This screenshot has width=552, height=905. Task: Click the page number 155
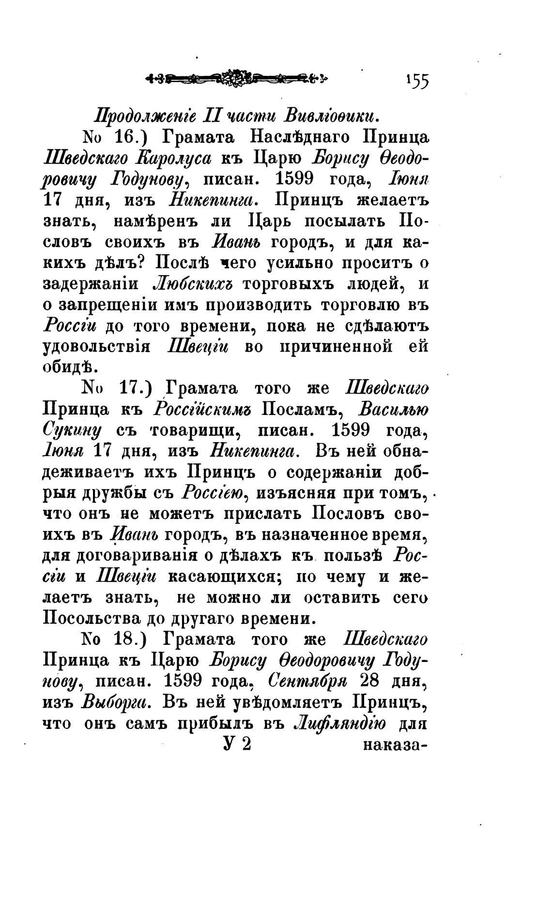pos(417,81)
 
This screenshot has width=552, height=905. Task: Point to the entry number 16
pos(130,137)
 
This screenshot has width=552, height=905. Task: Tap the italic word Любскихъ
pos(193,284)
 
